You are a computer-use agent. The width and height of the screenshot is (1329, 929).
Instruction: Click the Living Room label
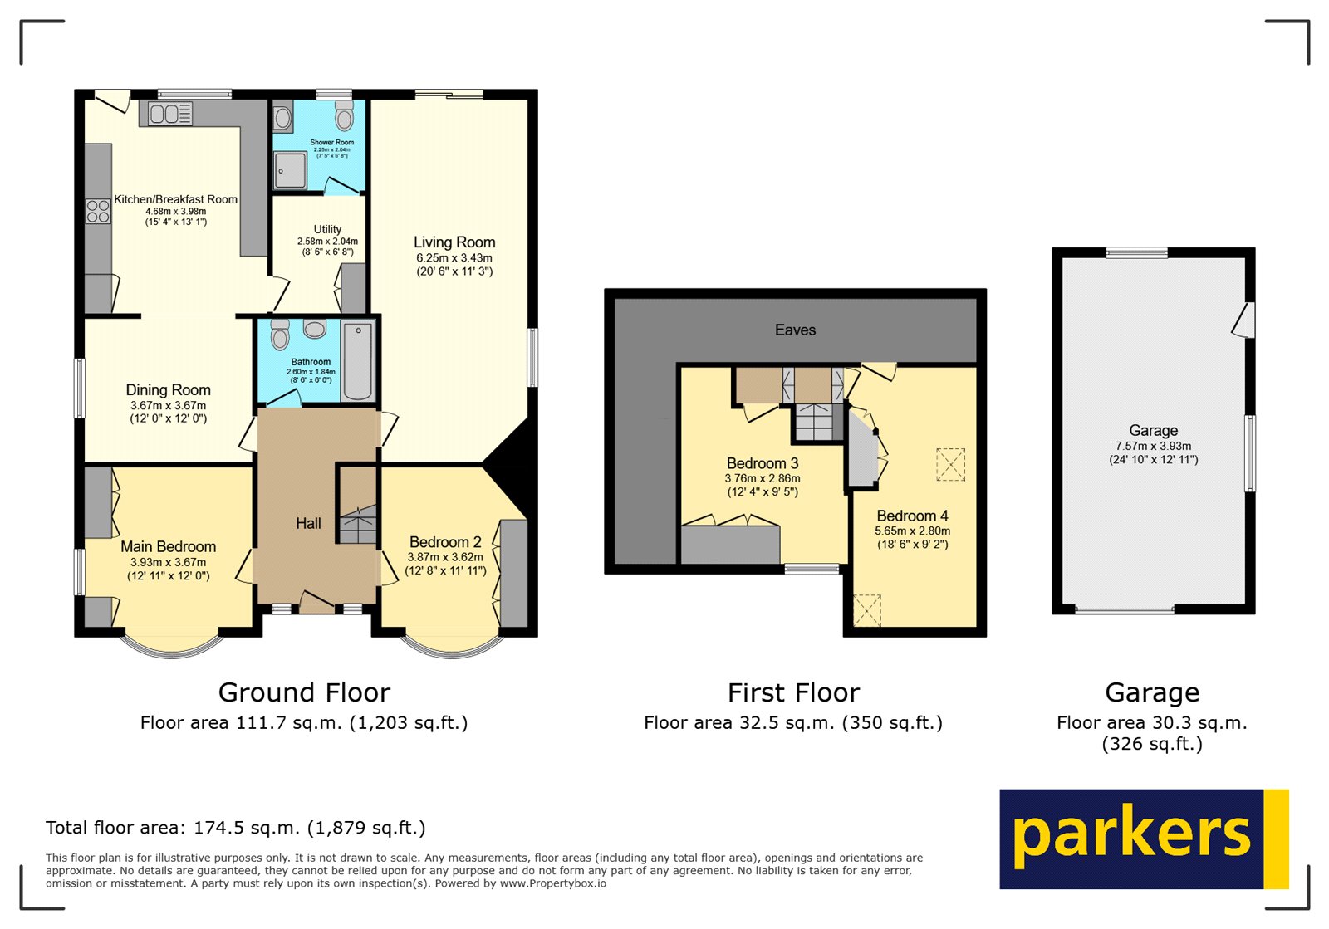click(454, 242)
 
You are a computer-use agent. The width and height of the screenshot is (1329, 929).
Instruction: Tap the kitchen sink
click(170, 114)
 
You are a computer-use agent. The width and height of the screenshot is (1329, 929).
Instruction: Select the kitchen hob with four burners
click(98, 211)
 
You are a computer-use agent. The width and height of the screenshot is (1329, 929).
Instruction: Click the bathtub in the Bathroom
click(358, 362)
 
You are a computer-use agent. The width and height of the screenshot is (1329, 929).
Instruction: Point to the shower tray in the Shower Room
click(290, 171)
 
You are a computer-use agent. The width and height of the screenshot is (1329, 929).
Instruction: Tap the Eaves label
click(795, 330)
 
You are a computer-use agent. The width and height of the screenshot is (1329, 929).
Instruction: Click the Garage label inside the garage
click(1153, 430)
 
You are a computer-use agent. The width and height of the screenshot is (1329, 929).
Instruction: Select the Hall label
click(308, 523)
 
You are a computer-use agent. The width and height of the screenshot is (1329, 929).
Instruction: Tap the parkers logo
click(1143, 839)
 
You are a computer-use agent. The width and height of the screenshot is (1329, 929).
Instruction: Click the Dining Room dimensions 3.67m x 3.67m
click(168, 406)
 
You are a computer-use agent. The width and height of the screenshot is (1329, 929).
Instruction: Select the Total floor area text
click(235, 828)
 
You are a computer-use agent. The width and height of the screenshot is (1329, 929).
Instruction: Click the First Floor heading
click(793, 692)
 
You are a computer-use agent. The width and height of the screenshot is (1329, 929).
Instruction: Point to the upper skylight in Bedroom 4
click(950, 464)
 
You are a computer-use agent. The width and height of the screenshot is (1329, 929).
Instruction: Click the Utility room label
click(327, 229)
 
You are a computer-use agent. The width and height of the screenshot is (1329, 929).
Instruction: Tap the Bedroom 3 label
click(763, 463)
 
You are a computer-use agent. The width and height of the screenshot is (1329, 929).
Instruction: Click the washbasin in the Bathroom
click(315, 330)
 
